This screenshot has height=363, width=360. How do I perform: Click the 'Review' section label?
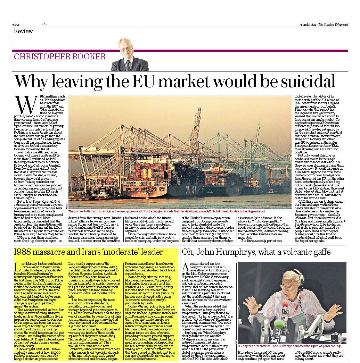[24, 31]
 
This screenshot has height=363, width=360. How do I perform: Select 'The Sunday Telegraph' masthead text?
[333, 25]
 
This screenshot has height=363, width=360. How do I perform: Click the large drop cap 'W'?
[21, 104]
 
